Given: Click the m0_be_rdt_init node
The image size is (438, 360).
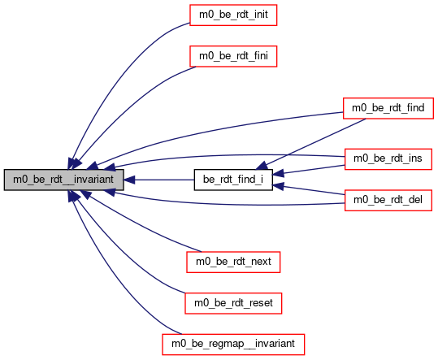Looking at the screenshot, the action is pyautogui.click(x=233, y=15).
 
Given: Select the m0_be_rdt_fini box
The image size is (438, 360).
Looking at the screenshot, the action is pyautogui.click(x=233, y=56).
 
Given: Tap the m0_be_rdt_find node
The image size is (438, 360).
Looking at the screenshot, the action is pyautogui.click(x=388, y=108).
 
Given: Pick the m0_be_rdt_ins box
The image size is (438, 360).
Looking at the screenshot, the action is pyautogui.click(x=388, y=159).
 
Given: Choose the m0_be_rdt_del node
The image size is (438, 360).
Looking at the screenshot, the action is pyautogui.click(x=388, y=200).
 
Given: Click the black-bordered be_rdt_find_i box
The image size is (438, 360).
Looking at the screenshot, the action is pyautogui.click(x=233, y=180).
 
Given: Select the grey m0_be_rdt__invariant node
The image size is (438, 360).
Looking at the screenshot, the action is pyautogui.click(x=63, y=180).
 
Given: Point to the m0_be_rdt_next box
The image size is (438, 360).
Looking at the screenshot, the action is pyautogui.click(x=233, y=262).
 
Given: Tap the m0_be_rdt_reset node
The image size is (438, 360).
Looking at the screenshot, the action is pyautogui.click(x=233, y=303).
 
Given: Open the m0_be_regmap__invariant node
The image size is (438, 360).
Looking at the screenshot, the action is pyautogui.click(x=233, y=345).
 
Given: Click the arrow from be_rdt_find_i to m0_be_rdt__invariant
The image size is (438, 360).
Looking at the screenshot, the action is pyautogui.click(x=159, y=180).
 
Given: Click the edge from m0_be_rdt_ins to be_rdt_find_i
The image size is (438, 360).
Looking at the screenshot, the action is pyautogui.click(x=309, y=170).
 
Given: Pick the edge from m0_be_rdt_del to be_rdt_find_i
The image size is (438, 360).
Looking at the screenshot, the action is pyautogui.click(x=309, y=189).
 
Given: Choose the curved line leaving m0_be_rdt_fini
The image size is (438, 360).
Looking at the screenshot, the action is pyautogui.click(x=126, y=111).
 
